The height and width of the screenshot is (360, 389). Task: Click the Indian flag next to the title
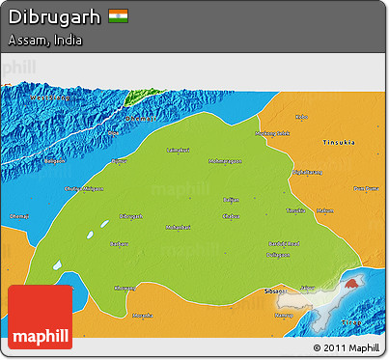(119, 16)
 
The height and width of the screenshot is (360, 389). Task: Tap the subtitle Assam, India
(44, 42)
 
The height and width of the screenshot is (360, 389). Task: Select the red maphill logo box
(40, 317)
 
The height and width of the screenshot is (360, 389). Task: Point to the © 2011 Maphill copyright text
(346, 346)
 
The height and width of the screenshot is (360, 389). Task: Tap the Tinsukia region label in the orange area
(338, 141)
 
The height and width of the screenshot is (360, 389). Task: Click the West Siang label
(49, 97)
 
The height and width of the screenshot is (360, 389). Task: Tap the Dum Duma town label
(366, 188)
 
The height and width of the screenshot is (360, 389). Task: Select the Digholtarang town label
(307, 172)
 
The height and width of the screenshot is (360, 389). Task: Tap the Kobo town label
(302, 118)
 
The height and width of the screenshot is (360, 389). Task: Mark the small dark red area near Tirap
(353, 282)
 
